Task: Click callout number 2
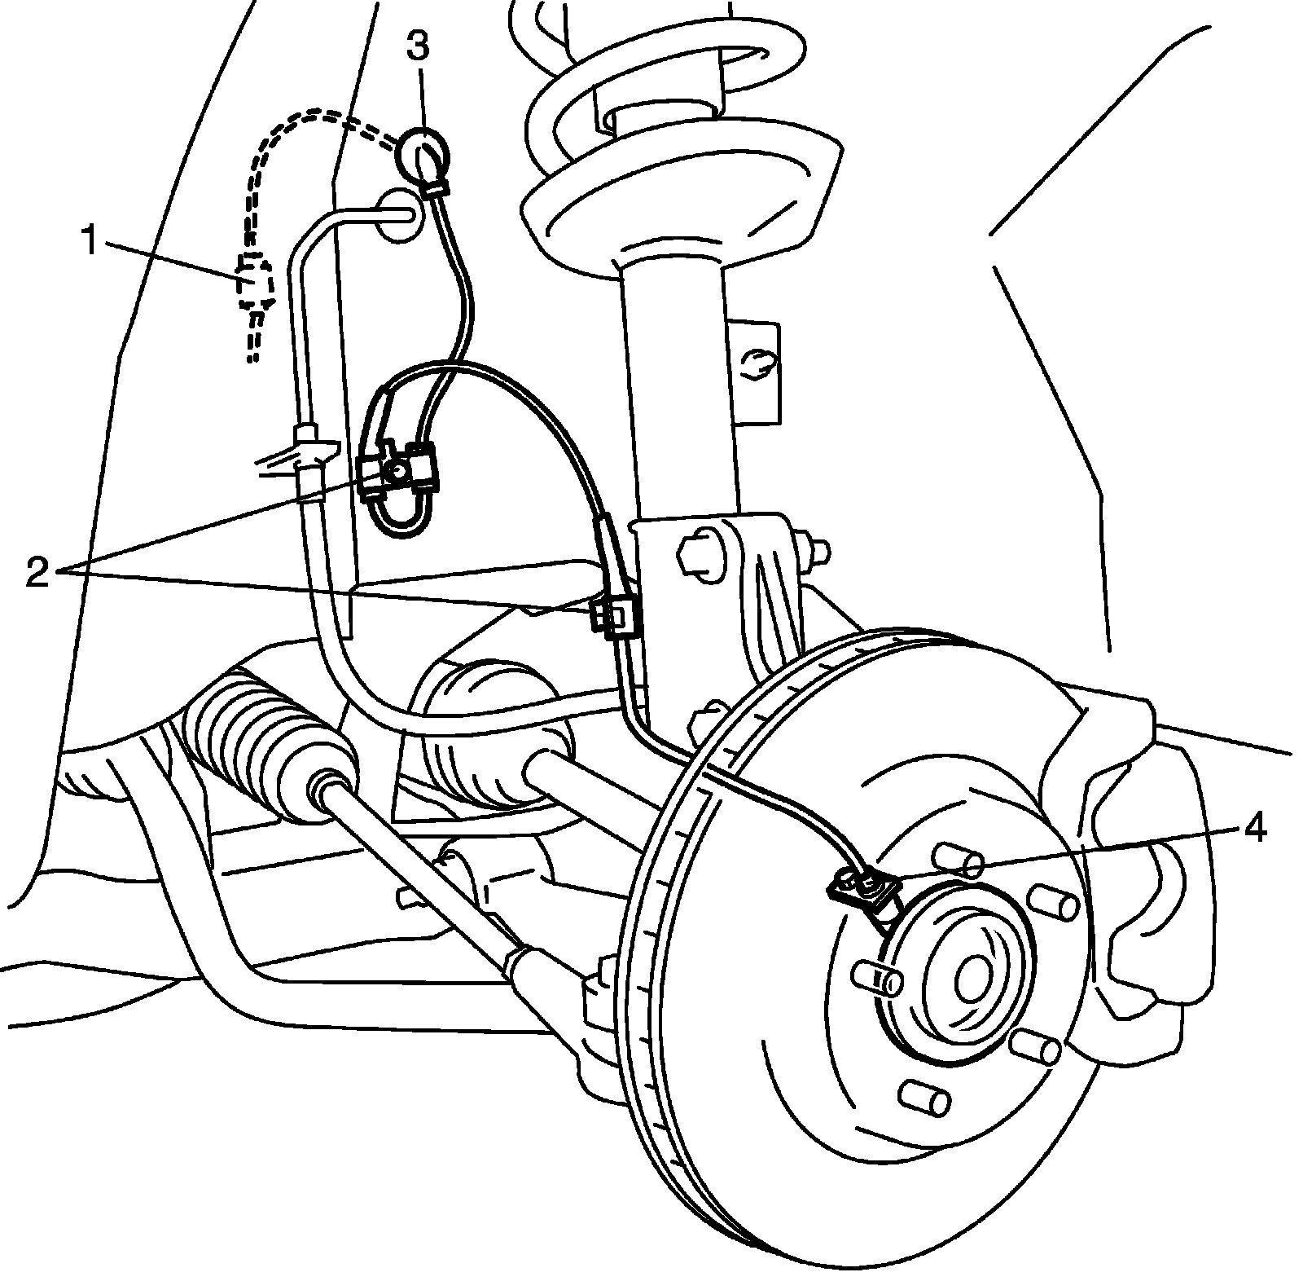click(37, 573)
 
